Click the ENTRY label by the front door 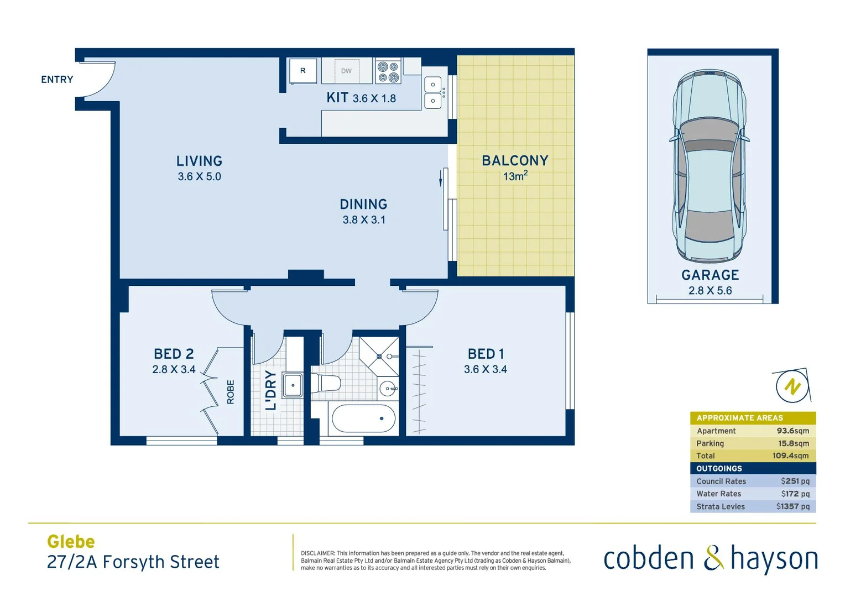click(x=57, y=80)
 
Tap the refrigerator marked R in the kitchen click(x=303, y=71)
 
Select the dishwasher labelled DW click(x=346, y=71)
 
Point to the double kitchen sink click(x=433, y=92)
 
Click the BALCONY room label click(x=515, y=161)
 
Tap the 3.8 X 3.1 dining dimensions click(x=364, y=220)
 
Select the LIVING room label click(x=199, y=161)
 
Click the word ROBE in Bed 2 click(x=231, y=392)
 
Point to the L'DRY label click(x=270, y=390)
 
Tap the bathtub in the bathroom click(x=363, y=418)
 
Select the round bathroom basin click(x=388, y=389)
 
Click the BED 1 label click(x=486, y=354)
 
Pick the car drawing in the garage click(x=710, y=166)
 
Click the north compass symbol click(x=792, y=386)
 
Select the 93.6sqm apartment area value click(x=792, y=431)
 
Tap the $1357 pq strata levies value click(x=792, y=506)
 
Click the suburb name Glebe click(x=71, y=542)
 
